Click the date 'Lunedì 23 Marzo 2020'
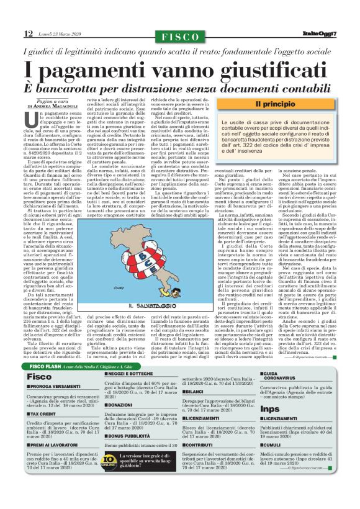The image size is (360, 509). tap(57, 33)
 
